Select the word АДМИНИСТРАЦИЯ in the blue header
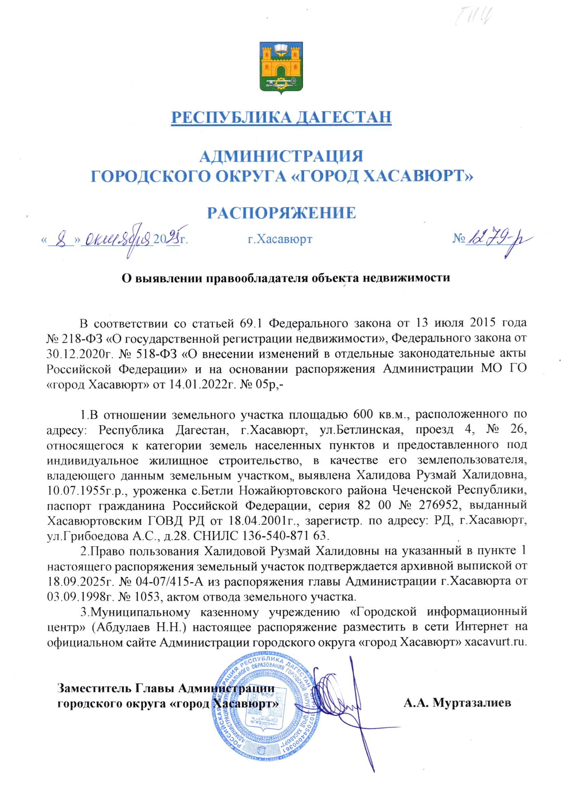[281, 156]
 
